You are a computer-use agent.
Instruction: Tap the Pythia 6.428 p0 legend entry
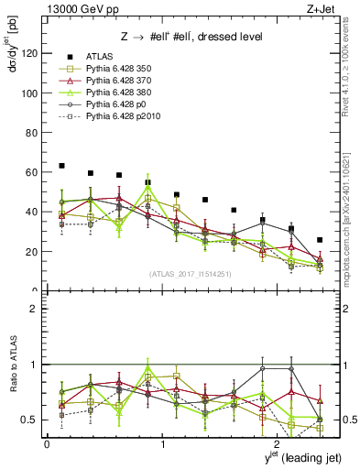pos(109,105)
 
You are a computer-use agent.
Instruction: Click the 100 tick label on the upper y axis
pos(31,93)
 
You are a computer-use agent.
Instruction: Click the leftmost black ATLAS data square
pos(61,166)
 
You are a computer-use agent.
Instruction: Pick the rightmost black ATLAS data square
pos(319,240)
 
